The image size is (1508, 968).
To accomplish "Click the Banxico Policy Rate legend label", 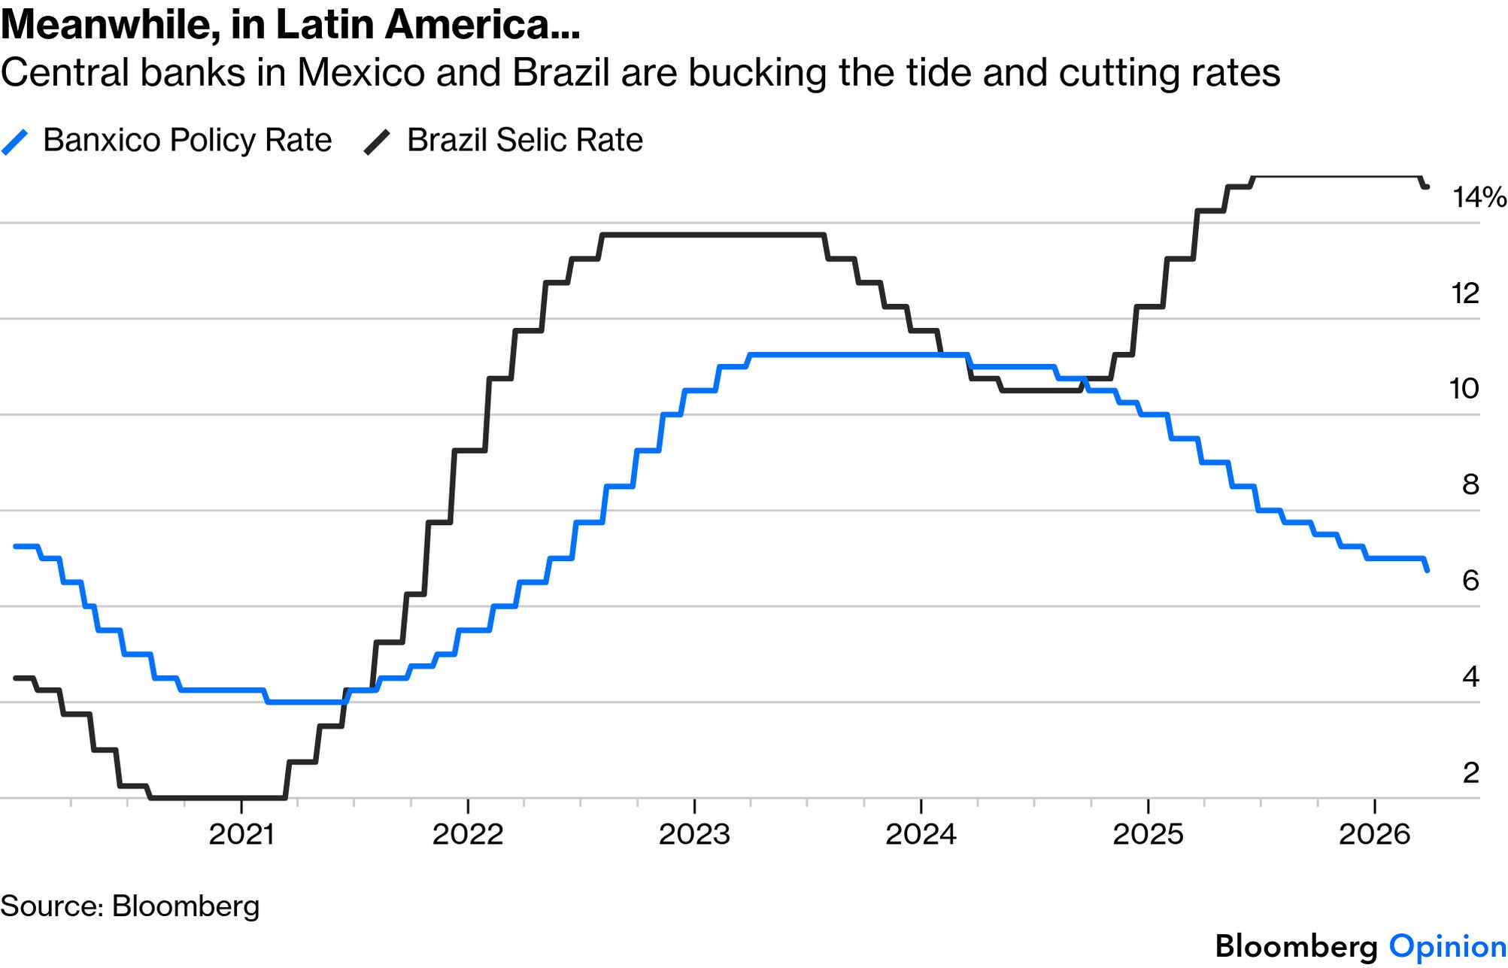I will click(x=187, y=141).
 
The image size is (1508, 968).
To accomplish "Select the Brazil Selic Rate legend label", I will click(x=524, y=141).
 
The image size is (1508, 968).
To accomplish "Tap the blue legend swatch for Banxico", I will click(x=15, y=141).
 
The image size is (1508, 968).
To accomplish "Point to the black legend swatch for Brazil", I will click(x=377, y=141).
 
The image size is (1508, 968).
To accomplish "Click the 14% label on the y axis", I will click(x=1479, y=198).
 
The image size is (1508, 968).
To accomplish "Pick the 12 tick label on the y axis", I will click(x=1465, y=293).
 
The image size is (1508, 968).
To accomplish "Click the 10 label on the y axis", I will click(x=1464, y=389).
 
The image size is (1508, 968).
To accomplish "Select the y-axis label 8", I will click(x=1470, y=485).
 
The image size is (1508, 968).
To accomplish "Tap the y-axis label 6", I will click(x=1470, y=581).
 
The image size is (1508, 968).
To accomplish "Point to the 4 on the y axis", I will click(x=1470, y=677).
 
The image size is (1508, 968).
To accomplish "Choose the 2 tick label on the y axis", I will click(x=1470, y=772).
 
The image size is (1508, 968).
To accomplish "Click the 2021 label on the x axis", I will click(x=241, y=834).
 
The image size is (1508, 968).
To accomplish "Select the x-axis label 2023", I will click(x=694, y=834).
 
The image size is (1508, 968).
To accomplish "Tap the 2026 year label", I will click(x=1374, y=834).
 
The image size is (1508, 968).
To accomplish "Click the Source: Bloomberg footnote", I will click(x=129, y=906).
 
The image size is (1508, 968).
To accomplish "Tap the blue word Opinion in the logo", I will click(x=1447, y=947).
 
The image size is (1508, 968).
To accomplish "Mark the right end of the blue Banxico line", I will click(x=1427, y=571).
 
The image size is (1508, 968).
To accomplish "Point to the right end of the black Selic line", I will click(x=1427, y=187).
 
